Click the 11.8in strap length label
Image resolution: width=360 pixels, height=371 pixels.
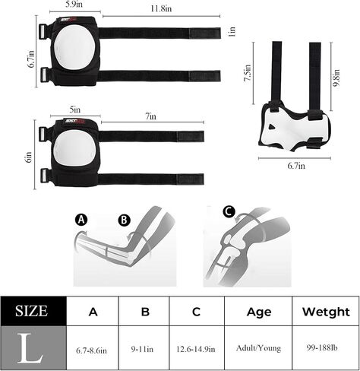(161, 8)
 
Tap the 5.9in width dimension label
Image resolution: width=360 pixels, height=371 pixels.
(74, 5)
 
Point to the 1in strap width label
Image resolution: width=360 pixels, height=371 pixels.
(232, 32)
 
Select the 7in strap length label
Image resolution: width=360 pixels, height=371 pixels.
(151, 116)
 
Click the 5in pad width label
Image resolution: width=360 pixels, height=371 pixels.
(75, 109)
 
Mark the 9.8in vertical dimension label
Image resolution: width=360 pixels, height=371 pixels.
(336, 78)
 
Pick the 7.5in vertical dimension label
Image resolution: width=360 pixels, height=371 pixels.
(248, 73)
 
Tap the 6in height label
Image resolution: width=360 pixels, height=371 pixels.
(29, 157)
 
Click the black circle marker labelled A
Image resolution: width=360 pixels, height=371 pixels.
(81, 220)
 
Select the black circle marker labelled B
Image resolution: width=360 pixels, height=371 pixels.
(124, 220)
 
